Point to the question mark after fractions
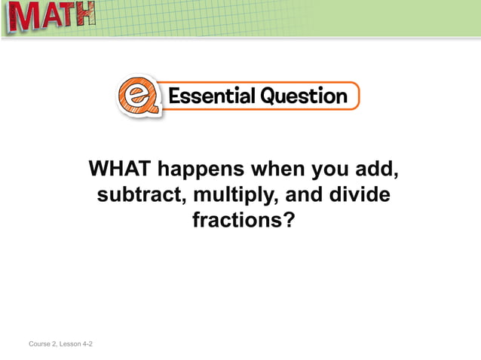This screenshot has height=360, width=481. [x=287, y=221]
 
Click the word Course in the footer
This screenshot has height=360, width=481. [x=41, y=344]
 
